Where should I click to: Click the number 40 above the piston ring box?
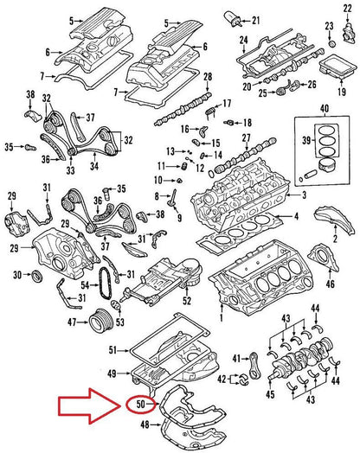click(324, 108)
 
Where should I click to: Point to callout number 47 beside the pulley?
click(73, 323)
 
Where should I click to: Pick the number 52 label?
click(185, 302)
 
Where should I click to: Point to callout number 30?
click(17, 276)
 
